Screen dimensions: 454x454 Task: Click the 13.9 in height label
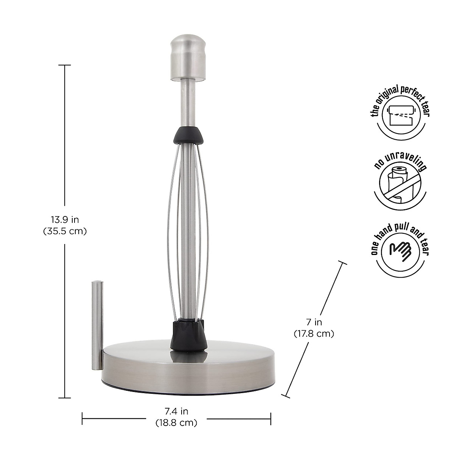tap(65, 219)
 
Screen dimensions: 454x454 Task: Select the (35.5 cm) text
tap(65, 231)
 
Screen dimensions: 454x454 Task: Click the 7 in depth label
tap(314, 322)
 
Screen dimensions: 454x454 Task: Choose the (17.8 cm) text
tap(314, 334)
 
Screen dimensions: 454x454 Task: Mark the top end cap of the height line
tap(65, 65)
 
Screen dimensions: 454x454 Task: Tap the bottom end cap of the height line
tap(65, 398)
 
